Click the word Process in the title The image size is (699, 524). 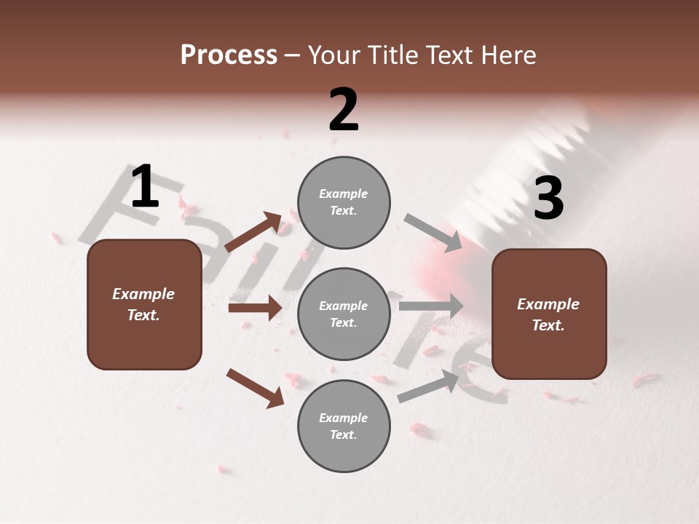(x=229, y=55)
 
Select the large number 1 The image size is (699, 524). (x=145, y=187)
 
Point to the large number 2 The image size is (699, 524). (x=344, y=110)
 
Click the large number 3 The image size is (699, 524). (x=548, y=198)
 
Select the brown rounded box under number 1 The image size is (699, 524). (x=144, y=304)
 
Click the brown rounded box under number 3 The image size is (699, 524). (x=549, y=314)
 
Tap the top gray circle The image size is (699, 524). (x=344, y=202)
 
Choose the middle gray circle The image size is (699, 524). (x=344, y=314)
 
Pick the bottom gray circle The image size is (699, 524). (x=344, y=426)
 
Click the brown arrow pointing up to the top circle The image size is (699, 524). (x=253, y=232)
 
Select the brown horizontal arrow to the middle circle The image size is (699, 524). (x=254, y=308)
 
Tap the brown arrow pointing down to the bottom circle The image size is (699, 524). (x=254, y=387)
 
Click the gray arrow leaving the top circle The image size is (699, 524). (x=433, y=233)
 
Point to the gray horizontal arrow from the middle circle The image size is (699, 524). (x=430, y=306)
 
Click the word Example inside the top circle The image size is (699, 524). (x=343, y=194)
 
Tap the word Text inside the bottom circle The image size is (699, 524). (x=342, y=434)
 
